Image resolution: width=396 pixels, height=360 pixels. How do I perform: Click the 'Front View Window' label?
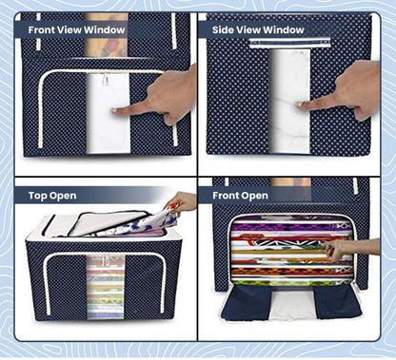coord(77,28)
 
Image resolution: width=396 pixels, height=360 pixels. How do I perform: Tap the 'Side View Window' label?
coord(258,28)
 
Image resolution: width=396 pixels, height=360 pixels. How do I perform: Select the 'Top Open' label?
coord(52,196)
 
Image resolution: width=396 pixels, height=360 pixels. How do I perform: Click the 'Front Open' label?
coord(241,196)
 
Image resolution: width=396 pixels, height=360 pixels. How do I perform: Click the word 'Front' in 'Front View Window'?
coord(45,28)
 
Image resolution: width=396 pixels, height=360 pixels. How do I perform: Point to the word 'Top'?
coord(38,196)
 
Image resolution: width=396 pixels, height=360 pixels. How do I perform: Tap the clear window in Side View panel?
coord(289,100)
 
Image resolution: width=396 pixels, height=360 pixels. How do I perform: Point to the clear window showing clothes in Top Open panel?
coord(104,284)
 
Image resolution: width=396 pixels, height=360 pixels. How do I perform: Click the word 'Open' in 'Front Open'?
coord(254,196)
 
